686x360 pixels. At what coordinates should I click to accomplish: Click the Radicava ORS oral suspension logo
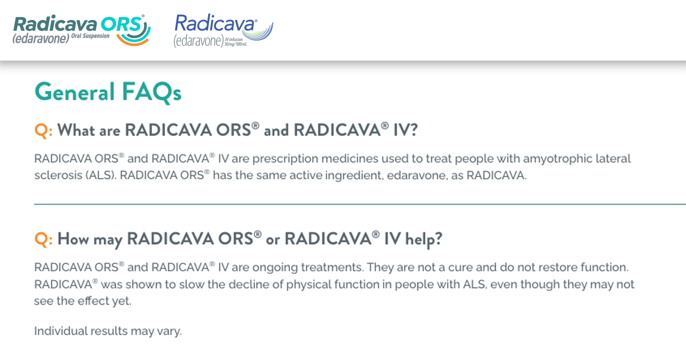pos(80,30)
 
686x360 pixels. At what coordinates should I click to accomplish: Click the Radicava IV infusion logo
pos(223,30)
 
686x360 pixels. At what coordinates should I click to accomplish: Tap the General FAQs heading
pos(108,92)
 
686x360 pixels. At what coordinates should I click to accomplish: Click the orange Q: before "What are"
pos(43,131)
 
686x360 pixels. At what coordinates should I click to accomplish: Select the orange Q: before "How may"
pos(43,239)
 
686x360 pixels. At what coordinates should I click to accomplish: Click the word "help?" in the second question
pos(424,239)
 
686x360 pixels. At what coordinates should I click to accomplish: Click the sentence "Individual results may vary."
pos(108,331)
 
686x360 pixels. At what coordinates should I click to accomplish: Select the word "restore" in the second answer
pos(576,267)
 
